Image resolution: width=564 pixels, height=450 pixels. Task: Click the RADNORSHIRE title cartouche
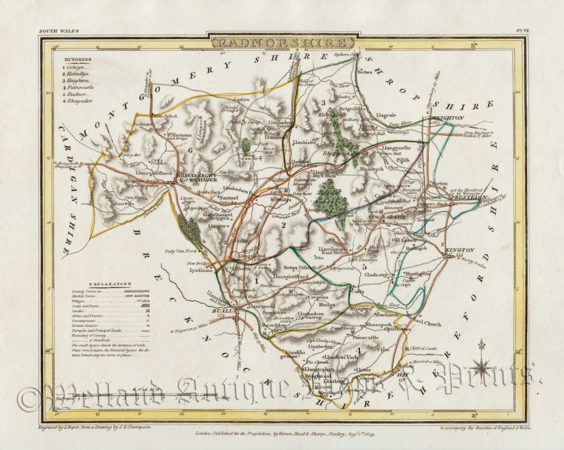coord(281,42)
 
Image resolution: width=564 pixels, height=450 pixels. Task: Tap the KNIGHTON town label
coord(449,118)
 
